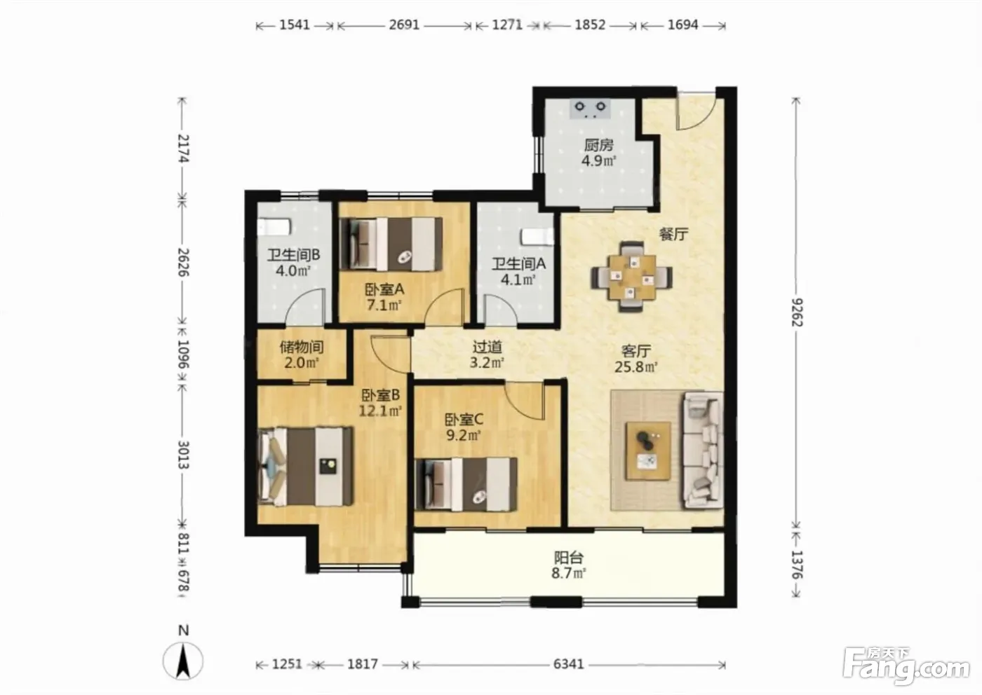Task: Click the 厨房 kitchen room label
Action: point(598,145)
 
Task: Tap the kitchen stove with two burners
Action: point(590,108)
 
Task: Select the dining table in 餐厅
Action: point(631,277)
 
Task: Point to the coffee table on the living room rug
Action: point(648,450)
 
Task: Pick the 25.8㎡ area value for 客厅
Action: point(635,367)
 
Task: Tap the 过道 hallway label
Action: point(487,347)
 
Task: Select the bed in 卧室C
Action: point(466,484)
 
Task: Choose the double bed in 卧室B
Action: point(306,467)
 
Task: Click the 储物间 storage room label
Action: point(302,347)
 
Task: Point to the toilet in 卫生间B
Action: point(274,228)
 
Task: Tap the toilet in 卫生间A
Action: point(537,237)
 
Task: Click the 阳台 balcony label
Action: point(569,558)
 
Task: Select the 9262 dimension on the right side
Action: point(797,312)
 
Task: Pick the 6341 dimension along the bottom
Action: point(569,664)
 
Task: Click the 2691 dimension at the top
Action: point(404,25)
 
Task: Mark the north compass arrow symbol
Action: point(183,661)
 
